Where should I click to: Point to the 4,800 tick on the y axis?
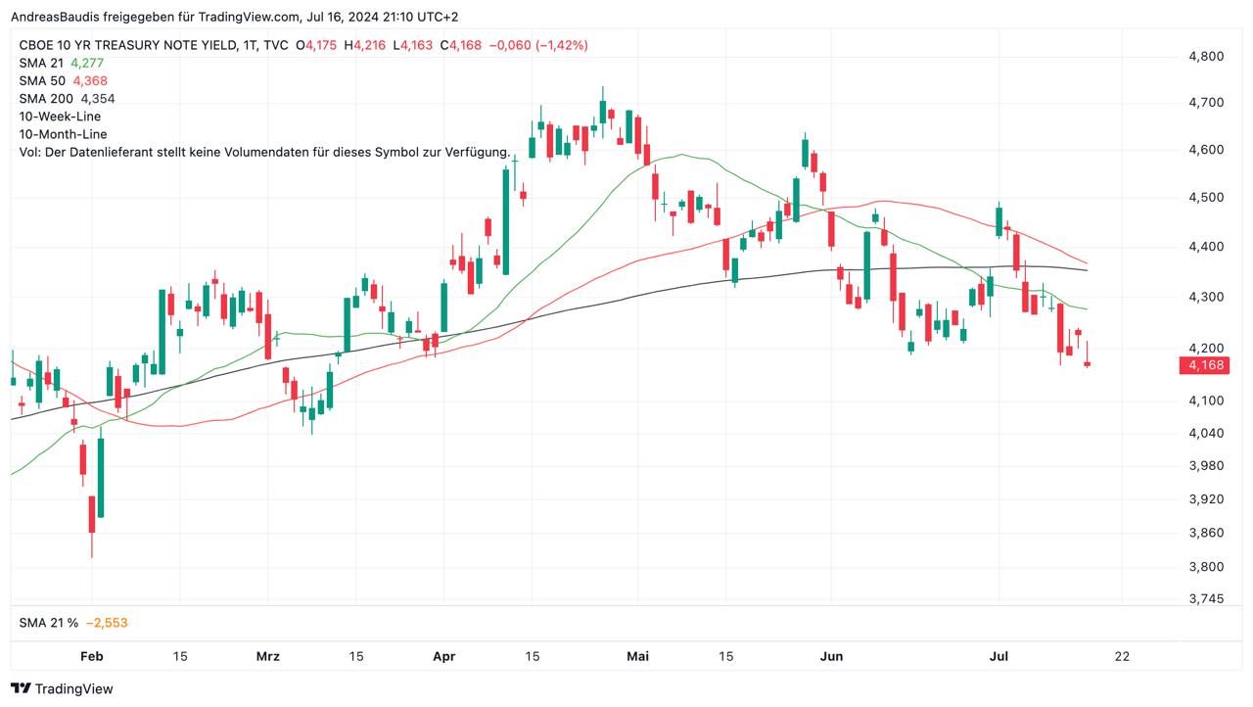pyautogui.click(x=1205, y=57)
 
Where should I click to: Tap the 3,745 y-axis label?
pyautogui.click(x=1205, y=598)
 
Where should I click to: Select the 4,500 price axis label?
pyautogui.click(x=1205, y=198)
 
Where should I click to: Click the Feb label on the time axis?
pyautogui.click(x=91, y=656)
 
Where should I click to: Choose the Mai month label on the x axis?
pyautogui.click(x=638, y=656)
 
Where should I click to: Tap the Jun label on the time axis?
pyautogui.click(x=831, y=656)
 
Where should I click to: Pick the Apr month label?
pyautogui.click(x=444, y=656)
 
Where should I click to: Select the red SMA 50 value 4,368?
pyautogui.click(x=89, y=80)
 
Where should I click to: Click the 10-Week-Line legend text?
pyautogui.click(x=60, y=116)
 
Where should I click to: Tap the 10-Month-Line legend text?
pyautogui.click(x=63, y=133)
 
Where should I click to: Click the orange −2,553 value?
pyautogui.click(x=107, y=623)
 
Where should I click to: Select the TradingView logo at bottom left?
pyautogui.click(x=62, y=688)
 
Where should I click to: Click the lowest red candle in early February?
pyautogui.click(x=92, y=515)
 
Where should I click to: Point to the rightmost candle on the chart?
pyautogui.click(x=1088, y=363)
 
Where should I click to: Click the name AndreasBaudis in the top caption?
pyautogui.click(x=54, y=17)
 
